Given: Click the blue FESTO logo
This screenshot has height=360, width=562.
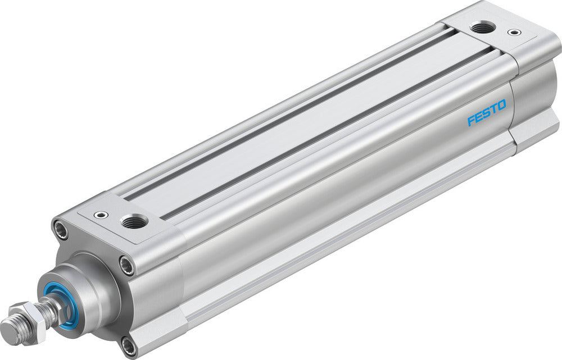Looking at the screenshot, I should click(x=487, y=113).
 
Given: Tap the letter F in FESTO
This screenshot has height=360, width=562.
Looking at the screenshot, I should click(x=472, y=120).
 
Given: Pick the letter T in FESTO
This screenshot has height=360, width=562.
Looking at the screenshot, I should click(x=493, y=109).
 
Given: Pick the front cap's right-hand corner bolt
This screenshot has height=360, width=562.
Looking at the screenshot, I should click(x=127, y=265).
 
